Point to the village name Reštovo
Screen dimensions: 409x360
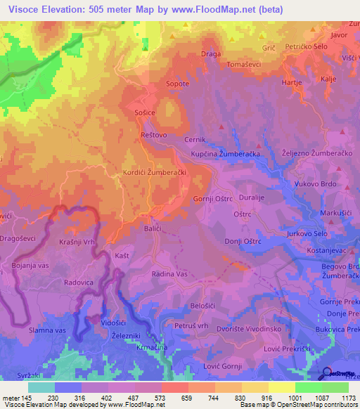[x=154, y=134]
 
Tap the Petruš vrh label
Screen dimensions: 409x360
[x=192, y=327]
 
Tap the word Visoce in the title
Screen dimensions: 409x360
[x=27, y=9]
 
